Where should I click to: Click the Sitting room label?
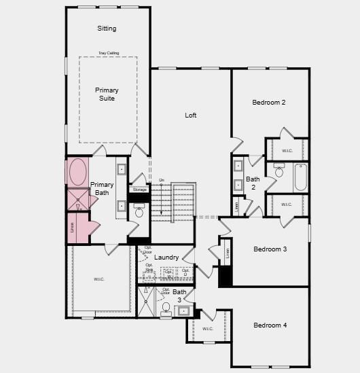pyautogui.click(x=107, y=29)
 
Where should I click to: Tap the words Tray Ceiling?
pyautogui.click(x=107, y=52)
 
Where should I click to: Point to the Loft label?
pyautogui.click(x=191, y=116)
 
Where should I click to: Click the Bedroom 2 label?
pyautogui.click(x=268, y=103)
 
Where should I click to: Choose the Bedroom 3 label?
pyautogui.click(x=270, y=249)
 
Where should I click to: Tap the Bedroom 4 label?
pyautogui.click(x=270, y=325)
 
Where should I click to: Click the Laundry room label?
pyautogui.click(x=166, y=257)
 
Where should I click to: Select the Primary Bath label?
pyautogui.click(x=102, y=189)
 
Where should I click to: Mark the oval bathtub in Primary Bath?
pyautogui.click(x=76, y=172)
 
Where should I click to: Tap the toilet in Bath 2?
pyautogui.click(x=279, y=171)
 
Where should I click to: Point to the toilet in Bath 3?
pyautogui.click(x=166, y=308)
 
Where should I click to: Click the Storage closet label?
pyautogui.click(x=139, y=190)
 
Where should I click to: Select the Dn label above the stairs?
pyautogui.click(x=161, y=180)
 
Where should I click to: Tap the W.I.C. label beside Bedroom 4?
pyautogui.click(x=207, y=329)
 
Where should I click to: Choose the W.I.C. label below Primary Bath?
pyautogui.click(x=98, y=279)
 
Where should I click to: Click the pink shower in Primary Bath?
pyautogui.click(x=77, y=200)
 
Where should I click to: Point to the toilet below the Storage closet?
pyautogui.click(x=139, y=212)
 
